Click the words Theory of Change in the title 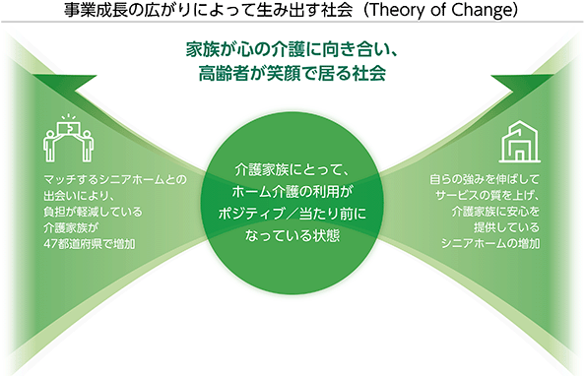coord(440,11)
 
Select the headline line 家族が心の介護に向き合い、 coord(292,49)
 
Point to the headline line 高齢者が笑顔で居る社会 coord(292,73)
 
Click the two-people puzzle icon coord(69,139)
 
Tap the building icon coord(520,142)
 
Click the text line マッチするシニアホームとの coord(115,180)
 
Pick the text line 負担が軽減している coord(93,212)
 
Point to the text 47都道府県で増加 coord(90,244)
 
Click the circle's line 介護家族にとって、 coord(292,170)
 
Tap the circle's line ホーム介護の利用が coord(292,192)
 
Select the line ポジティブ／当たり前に coord(292,214)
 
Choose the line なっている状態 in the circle coord(292,235)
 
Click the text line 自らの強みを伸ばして coord(485,179)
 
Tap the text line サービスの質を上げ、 coord(487,196)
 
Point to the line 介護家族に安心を coord(495,212)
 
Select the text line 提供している coord(507,227)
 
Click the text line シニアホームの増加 coord(490,243)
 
